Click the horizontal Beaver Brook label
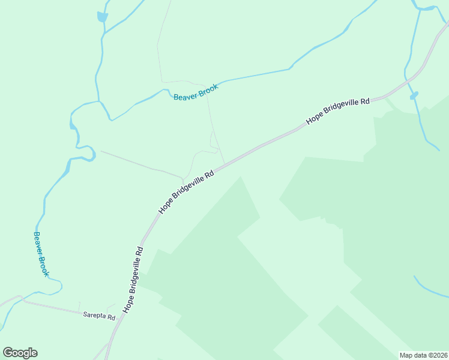point(196,92)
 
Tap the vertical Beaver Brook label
point(41,254)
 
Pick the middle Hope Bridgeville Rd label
point(187,193)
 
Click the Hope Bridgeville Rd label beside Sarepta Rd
point(134,279)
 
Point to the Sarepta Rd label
point(99,316)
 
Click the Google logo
point(20,353)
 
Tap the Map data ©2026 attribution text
point(424,355)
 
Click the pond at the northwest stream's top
point(102,17)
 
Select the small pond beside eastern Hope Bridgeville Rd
point(414,95)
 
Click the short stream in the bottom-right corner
point(431,289)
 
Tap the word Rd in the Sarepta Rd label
point(110,316)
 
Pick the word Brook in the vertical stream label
point(44,265)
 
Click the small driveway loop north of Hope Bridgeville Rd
point(212,142)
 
